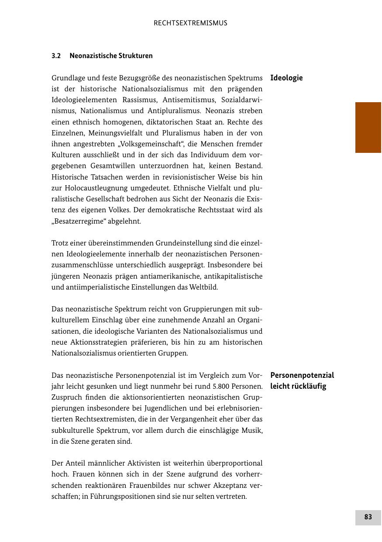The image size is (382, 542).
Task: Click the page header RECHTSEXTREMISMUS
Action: pyautogui.click(x=190, y=23)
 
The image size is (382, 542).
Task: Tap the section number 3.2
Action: pyautogui.click(x=56, y=56)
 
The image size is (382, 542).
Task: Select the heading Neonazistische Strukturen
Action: pyautogui.click(x=111, y=56)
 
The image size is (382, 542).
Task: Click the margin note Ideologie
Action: pyautogui.click(x=286, y=78)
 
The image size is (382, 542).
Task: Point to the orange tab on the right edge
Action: pyautogui.click(x=368, y=127)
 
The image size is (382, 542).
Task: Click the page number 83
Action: pyautogui.click(x=368, y=517)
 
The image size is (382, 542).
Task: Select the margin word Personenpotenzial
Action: pyautogui.click(x=302, y=375)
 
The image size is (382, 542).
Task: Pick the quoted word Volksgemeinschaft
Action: pyautogui.click(x=152, y=144)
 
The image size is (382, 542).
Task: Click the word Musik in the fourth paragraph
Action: pyautogui.click(x=252, y=431)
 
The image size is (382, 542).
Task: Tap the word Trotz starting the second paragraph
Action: pyautogui.click(x=60, y=243)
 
